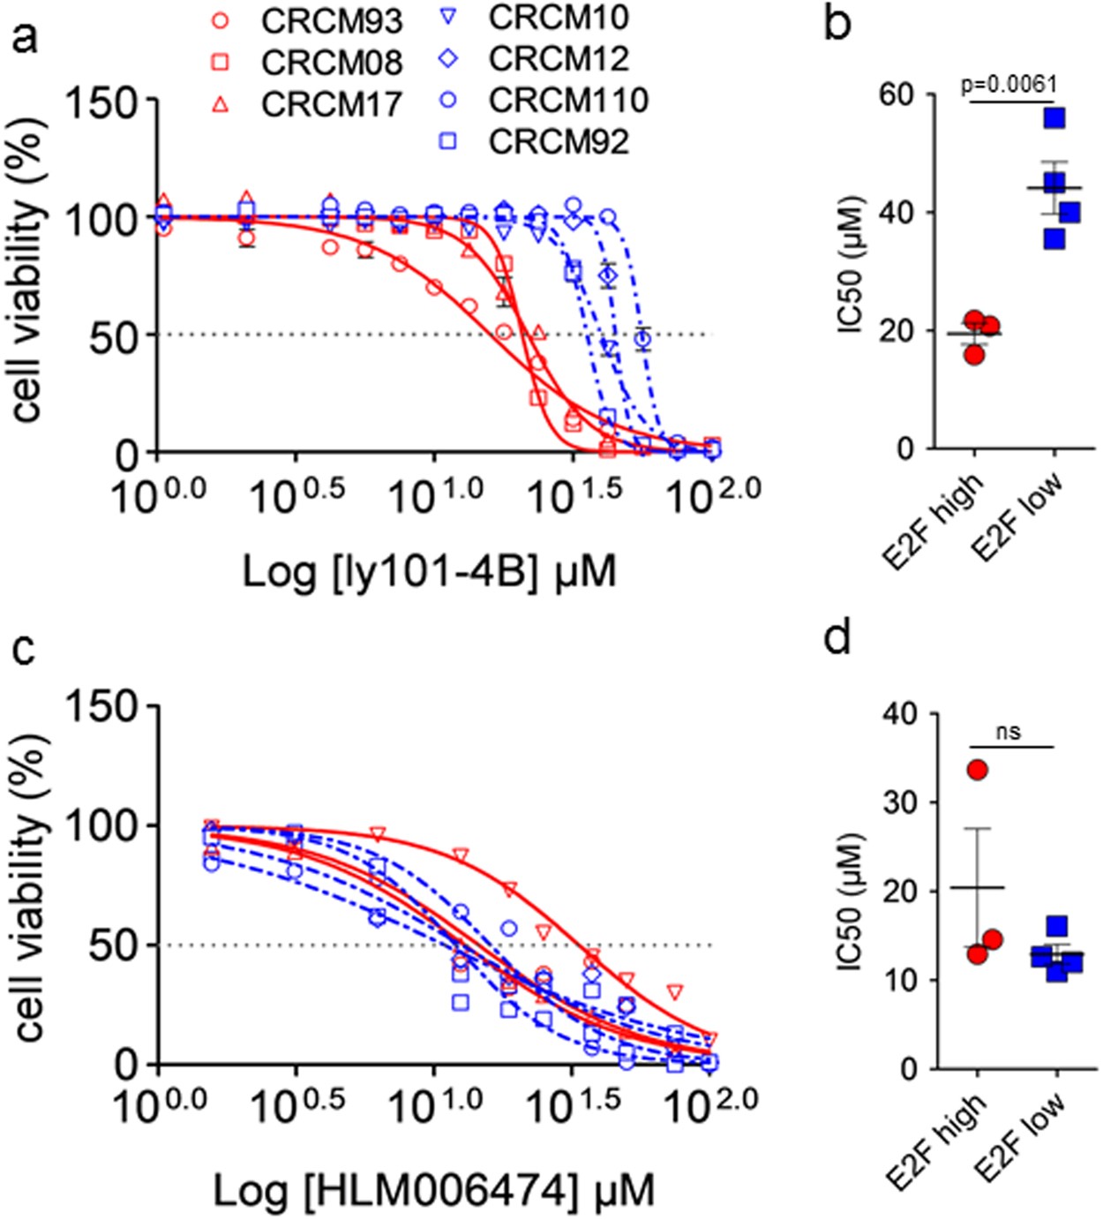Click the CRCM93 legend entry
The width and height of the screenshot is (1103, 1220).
tap(331, 21)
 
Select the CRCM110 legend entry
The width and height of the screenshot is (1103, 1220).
tap(567, 101)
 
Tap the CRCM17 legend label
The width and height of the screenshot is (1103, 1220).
tap(331, 104)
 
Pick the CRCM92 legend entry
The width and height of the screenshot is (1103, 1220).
tap(558, 142)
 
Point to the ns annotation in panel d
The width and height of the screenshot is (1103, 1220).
tap(1009, 732)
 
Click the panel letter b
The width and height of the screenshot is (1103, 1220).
tap(837, 24)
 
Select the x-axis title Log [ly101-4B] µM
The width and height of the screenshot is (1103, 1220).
tap(429, 572)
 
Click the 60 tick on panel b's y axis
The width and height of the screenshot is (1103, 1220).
tap(896, 95)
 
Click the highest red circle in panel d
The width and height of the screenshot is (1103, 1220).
tap(977, 771)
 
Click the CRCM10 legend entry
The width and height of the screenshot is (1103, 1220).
tap(558, 18)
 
